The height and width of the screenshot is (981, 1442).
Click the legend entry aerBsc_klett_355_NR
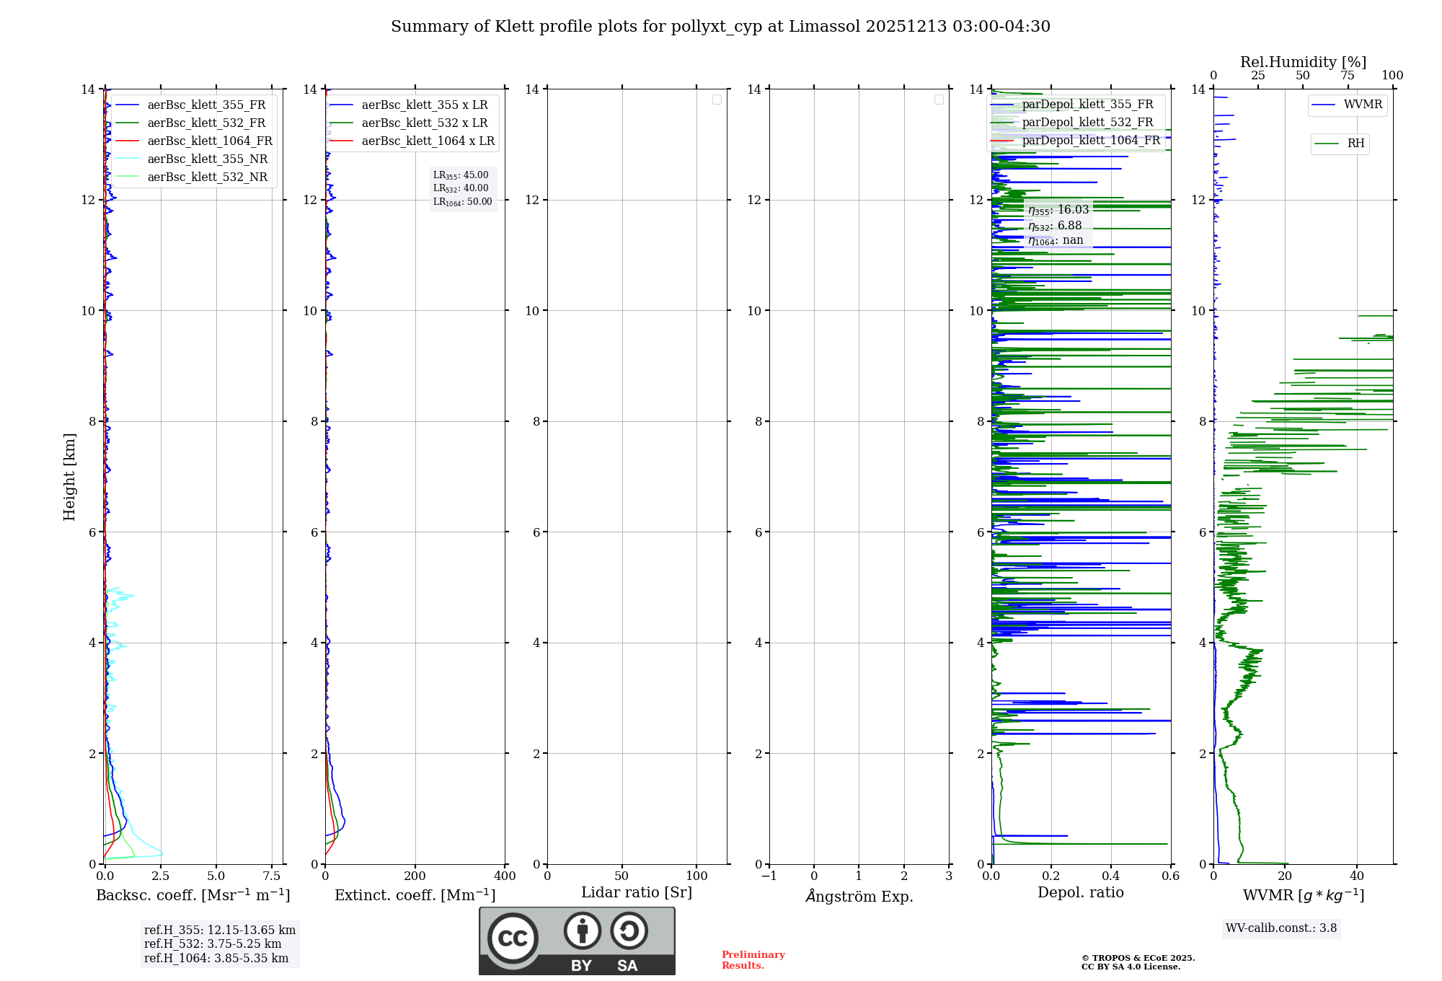(207, 159)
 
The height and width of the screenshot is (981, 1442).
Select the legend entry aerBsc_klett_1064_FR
(209, 141)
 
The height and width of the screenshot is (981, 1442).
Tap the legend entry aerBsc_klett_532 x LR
(424, 123)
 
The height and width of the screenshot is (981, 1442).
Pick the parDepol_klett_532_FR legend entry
(1087, 122)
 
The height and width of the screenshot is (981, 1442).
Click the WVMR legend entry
(1363, 105)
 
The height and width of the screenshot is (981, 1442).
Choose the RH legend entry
(1355, 144)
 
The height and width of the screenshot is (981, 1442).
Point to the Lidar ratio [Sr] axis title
(637, 893)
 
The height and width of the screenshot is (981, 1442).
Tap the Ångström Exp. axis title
(859, 896)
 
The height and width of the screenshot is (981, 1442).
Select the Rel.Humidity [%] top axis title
(1303, 62)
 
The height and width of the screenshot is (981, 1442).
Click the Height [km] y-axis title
(69, 476)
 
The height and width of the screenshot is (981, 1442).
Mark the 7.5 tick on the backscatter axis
(272, 876)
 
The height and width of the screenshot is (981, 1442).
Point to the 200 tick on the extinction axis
(415, 876)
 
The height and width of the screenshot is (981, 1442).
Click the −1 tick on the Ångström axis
(769, 876)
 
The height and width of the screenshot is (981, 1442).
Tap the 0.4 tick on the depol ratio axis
(1111, 876)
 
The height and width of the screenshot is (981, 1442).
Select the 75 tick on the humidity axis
(1347, 76)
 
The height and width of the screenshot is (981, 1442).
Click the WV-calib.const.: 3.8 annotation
(1280, 928)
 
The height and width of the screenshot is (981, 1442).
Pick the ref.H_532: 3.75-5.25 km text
(213, 944)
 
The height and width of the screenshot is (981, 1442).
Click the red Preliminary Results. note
(753, 960)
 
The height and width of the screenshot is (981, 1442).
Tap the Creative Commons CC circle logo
(513, 938)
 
